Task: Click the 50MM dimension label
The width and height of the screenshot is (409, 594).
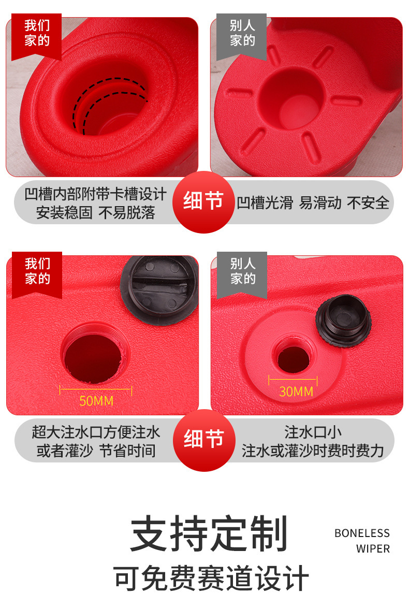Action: tap(96, 401)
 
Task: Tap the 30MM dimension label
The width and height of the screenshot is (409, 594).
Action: tap(296, 392)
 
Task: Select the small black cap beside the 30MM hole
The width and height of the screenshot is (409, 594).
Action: tap(343, 321)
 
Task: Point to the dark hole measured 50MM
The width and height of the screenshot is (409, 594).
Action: tap(93, 358)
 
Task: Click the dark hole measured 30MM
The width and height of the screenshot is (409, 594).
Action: tap(294, 359)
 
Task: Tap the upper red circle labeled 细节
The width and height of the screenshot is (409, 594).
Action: tap(204, 202)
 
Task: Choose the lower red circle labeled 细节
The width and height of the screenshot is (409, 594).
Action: tap(204, 440)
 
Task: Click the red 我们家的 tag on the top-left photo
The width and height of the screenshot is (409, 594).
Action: tap(37, 37)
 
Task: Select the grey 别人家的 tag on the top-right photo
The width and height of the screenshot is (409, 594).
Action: tap(242, 37)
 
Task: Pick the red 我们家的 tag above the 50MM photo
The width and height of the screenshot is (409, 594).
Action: tap(37, 275)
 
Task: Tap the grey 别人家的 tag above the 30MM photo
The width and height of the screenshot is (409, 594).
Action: tap(242, 275)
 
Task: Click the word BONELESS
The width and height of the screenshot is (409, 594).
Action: tap(362, 533)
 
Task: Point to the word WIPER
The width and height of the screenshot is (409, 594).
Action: tap(373, 548)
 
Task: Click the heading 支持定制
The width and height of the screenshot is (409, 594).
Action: tap(209, 533)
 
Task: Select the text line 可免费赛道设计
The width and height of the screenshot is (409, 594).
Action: tap(211, 578)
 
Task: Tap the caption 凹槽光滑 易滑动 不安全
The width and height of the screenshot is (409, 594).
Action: tap(313, 203)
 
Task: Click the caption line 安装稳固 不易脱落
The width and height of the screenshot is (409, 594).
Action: tap(95, 212)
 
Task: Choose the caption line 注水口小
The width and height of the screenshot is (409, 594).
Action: tap(313, 432)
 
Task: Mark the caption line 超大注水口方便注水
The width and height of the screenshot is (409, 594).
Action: tap(96, 432)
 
